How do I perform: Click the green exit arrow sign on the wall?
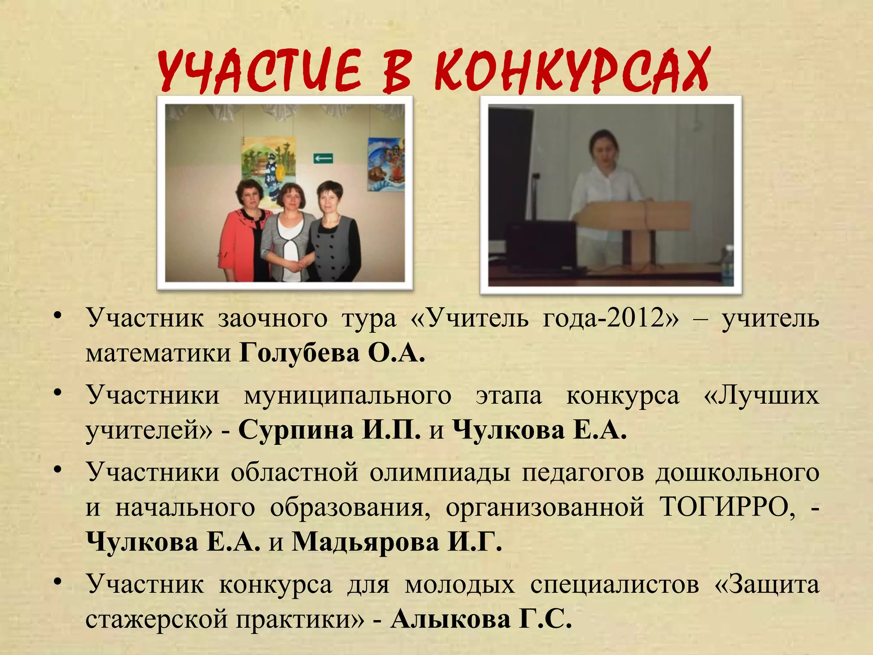click(323, 159)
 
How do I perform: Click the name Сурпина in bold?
click(296, 430)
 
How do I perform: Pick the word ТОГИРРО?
click(727, 507)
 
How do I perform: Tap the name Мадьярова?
click(366, 542)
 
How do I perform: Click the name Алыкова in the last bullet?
click(451, 619)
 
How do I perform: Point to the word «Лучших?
click(761, 395)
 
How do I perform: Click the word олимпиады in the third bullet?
click(439, 472)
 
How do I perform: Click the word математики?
click(158, 353)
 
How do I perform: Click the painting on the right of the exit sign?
click(386, 164)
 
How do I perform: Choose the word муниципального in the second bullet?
click(347, 395)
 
